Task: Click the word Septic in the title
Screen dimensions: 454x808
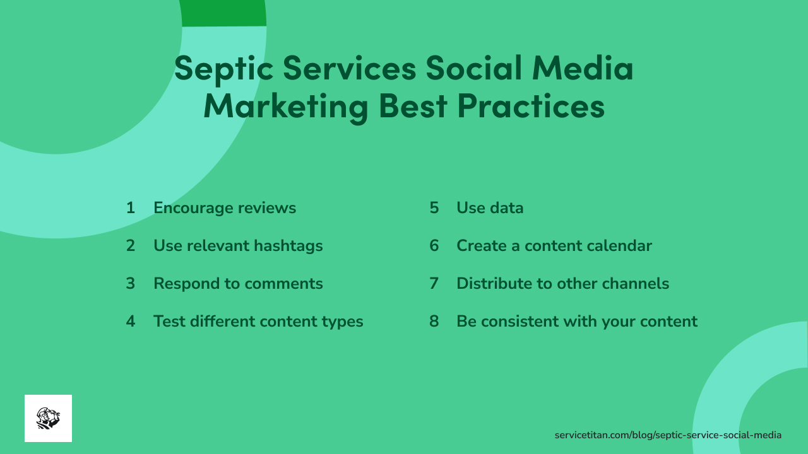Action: coord(223,69)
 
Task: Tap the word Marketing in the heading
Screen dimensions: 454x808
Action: coord(285,106)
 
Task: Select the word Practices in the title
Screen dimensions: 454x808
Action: coord(531,106)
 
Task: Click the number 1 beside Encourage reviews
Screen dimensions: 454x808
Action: coord(131,208)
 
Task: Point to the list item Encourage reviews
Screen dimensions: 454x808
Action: coord(224,208)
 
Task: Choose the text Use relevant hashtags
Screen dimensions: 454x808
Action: coord(238,246)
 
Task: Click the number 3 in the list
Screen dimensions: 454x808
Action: coord(131,284)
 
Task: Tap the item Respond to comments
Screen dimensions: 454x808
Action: coord(238,284)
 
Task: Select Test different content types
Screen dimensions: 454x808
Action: coord(258,322)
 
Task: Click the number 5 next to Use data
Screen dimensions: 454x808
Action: coord(434,208)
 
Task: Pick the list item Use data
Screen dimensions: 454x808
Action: coord(490,208)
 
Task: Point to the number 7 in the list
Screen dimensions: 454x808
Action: coord(434,284)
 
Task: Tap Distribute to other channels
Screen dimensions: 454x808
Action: coord(562,284)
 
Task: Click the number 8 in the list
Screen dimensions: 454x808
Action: coord(434,322)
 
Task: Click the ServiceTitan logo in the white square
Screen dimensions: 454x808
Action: coord(48,418)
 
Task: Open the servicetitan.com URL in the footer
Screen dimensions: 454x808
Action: coord(668,435)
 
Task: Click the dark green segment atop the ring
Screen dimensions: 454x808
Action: coord(223,13)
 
